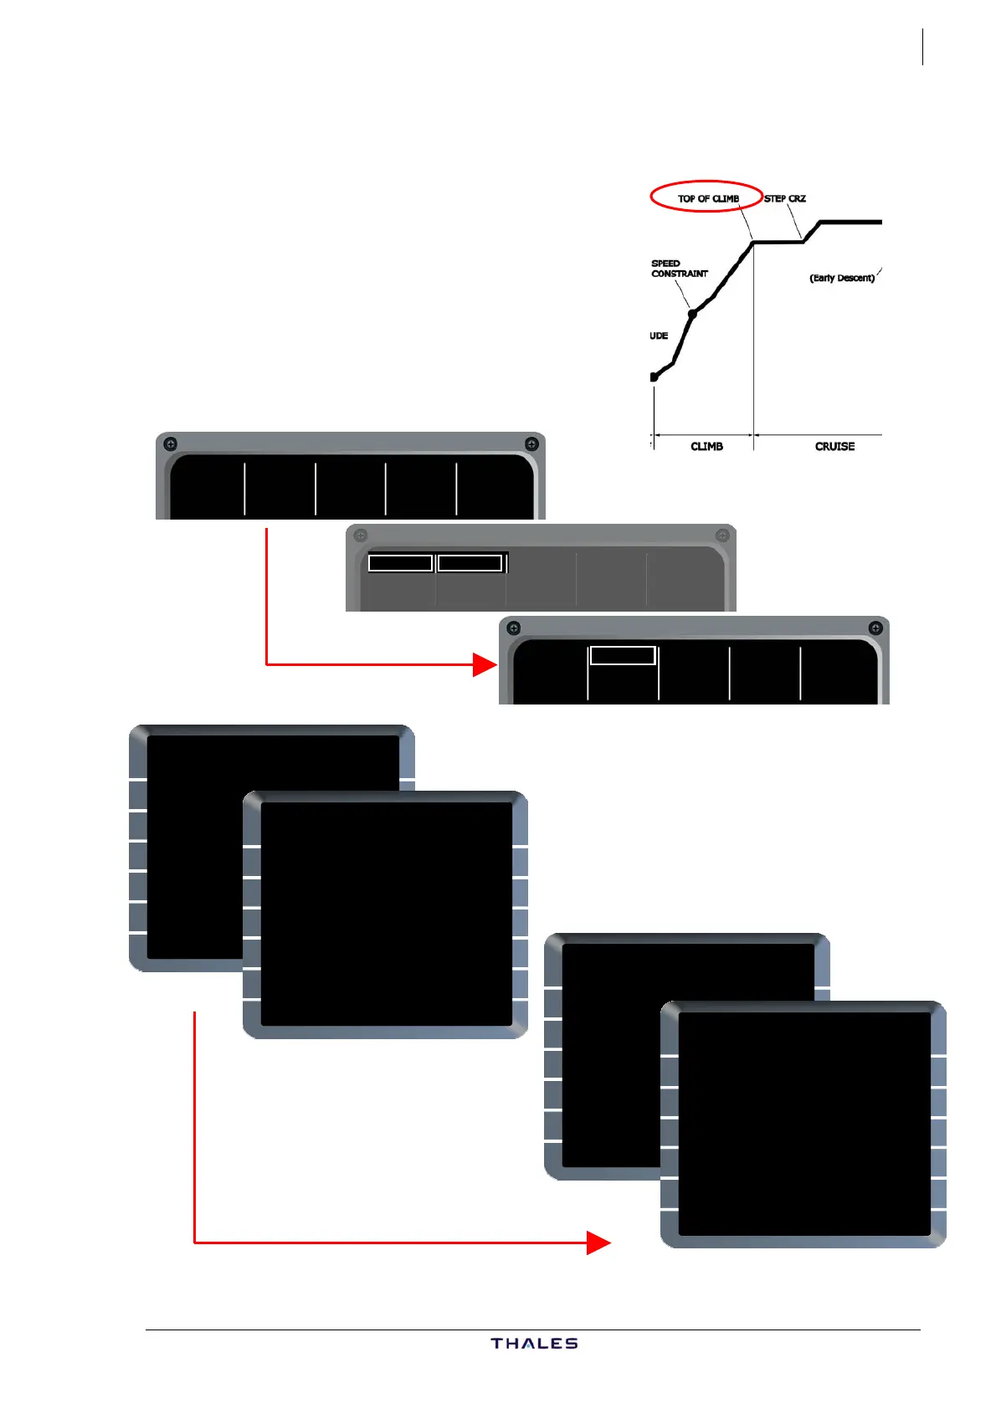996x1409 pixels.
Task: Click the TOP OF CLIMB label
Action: pyautogui.click(x=708, y=198)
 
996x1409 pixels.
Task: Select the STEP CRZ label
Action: pyautogui.click(x=785, y=198)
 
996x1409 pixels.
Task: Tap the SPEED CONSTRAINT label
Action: pyautogui.click(x=679, y=269)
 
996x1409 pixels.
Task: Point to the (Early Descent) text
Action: pyautogui.click(x=841, y=278)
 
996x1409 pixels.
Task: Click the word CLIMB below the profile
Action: pyautogui.click(x=706, y=447)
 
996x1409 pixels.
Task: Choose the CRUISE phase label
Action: pyautogui.click(x=834, y=447)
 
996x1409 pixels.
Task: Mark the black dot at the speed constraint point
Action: pyautogui.click(x=692, y=314)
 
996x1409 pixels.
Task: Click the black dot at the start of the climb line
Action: pyautogui.click(x=654, y=377)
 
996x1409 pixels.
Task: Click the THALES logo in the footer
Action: pyautogui.click(x=534, y=1344)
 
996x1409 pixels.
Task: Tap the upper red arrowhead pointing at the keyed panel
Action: pyautogui.click(x=485, y=665)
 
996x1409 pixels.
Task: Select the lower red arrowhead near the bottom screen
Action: pyautogui.click(x=598, y=1242)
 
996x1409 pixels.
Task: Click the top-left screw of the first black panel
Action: pyautogui.click(x=170, y=443)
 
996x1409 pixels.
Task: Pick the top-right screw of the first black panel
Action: pyautogui.click(x=531, y=443)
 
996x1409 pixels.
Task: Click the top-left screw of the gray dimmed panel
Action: pyautogui.click(x=361, y=535)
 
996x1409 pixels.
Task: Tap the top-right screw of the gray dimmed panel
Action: pyautogui.click(x=721, y=535)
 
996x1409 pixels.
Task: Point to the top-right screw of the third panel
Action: pyautogui.click(x=875, y=628)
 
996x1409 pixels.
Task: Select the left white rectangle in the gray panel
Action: pyautogui.click(x=400, y=563)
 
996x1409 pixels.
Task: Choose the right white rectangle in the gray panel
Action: pyautogui.click(x=470, y=563)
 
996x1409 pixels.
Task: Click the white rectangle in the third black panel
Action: pyautogui.click(x=623, y=655)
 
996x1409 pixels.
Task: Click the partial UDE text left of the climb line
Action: pyautogui.click(x=659, y=336)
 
